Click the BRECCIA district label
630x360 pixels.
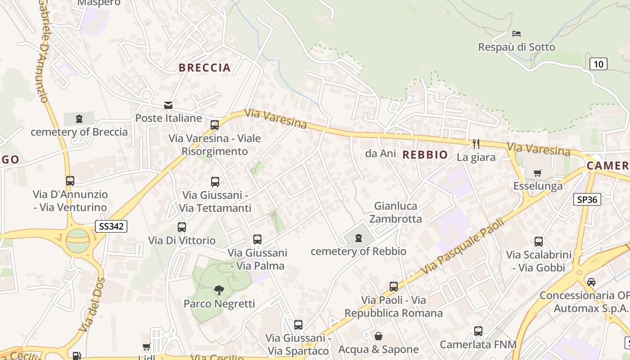pyautogui.click(x=205, y=68)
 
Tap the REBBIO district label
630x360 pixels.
pyautogui.click(x=425, y=155)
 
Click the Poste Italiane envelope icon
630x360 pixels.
pyautogui.click(x=168, y=105)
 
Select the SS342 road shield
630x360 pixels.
pyautogui.click(x=111, y=226)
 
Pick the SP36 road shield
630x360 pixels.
pyautogui.click(x=587, y=199)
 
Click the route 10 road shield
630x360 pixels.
pyautogui.click(x=598, y=64)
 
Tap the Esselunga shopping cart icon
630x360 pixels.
pyautogui.click(x=538, y=173)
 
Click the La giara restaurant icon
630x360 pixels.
pyautogui.click(x=476, y=144)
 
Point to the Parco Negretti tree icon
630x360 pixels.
pyautogui.click(x=219, y=290)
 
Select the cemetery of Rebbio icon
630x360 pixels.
pyautogui.click(x=359, y=238)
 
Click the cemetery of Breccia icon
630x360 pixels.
pyautogui.click(x=79, y=119)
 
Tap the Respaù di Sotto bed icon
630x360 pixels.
pyautogui.click(x=517, y=34)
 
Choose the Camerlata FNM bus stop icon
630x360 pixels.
pyautogui.click(x=478, y=331)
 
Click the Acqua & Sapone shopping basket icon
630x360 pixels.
pyautogui.click(x=378, y=336)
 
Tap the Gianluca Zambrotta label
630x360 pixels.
pyautogui.click(x=396, y=212)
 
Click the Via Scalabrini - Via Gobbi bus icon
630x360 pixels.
pyautogui.click(x=538, y=242)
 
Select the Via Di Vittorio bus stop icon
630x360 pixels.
pyautogui.click(x=182, y=227)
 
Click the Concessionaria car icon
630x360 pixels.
pyautogui.click(x=591, y=282)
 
